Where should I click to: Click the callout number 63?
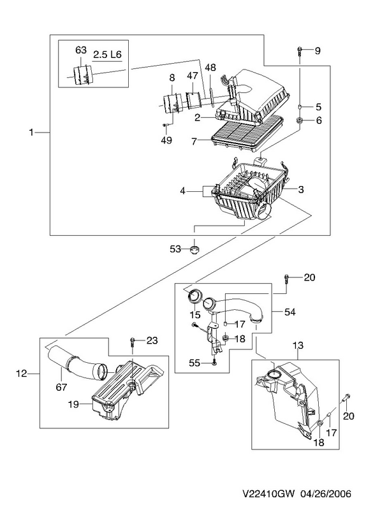tap(81, 50)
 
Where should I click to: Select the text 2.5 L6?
tap(107, 54)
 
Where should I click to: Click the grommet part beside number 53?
tap(194, 250)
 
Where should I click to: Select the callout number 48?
tap(210, 68)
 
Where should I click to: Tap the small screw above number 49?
tap(165, 124)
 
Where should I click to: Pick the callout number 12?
tap(22, 374)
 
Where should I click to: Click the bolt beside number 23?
tap(133, 342)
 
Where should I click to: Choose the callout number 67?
tap(61, 387)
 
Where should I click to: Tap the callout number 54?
tap(289, 312)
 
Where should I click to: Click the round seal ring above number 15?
tap(195, 296)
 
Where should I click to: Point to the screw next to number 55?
tap(214, 362)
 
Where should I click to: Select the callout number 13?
tap(298, 345)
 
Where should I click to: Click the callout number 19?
tap(73, 404)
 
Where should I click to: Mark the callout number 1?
tap(31, 133)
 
